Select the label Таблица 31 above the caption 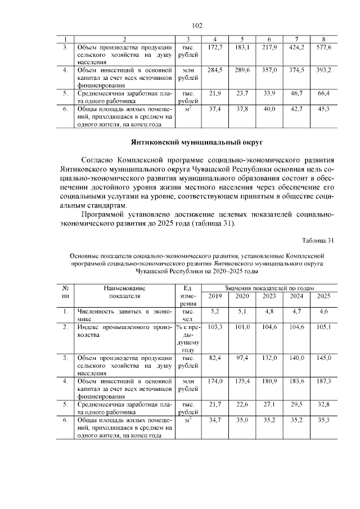coord(318,241)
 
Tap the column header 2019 coord(215,296)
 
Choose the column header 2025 coord(324,296)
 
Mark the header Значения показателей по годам coord(269,287)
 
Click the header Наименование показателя coord(125,291)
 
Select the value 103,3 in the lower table coord(215,326)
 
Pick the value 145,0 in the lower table coord(324,357)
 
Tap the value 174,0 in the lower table coord(215,381)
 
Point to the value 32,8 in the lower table coord(324,404)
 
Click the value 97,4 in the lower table coord(242,357)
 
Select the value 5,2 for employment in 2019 coord(215,311)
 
